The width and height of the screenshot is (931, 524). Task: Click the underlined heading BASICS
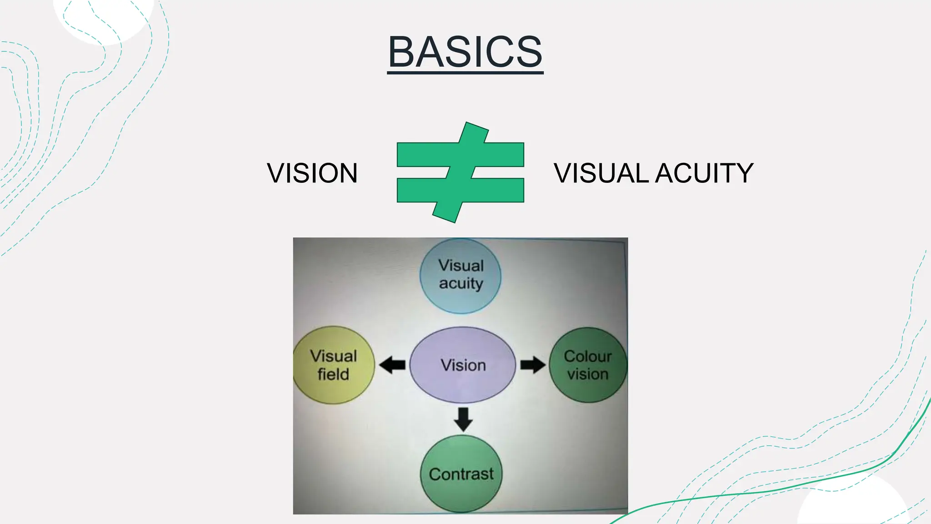point(465,52)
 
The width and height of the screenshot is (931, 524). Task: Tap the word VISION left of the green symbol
point(312,173)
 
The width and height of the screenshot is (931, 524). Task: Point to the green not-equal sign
point(460,172)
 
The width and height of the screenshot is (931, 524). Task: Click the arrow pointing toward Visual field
point(392,365)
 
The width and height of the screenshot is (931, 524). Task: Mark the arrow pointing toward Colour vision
point(532,365)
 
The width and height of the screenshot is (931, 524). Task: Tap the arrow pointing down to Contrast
point(463,419)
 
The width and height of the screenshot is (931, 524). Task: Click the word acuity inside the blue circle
point(461,283)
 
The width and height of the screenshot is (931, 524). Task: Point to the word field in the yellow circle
point(333,374)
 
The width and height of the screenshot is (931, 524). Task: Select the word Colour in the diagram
point(588,356)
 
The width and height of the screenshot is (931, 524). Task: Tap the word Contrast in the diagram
point(461,474)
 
